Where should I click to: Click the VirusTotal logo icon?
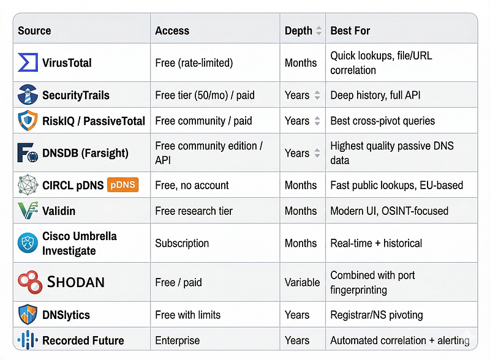pyautogui.click(x=28, y=62)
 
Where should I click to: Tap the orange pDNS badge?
pyautogui.click(x=123, y=185)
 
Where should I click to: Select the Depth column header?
pyautogui.click(x=298, y=31)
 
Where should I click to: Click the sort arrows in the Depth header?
pyautogui.click(x=318, y=31)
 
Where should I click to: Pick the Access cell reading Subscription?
pyautogui.click(x=182, y=243)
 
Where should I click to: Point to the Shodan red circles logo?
pyautogui.click(x=30, y=282)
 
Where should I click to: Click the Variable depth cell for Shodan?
pyautogui.click(x=302, y=282)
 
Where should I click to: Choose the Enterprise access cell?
pyautogui.click(x=177, y=340)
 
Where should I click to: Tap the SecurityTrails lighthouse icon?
pyautogui.click(x=28, y=94)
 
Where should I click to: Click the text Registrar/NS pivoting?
pyautogui.click(x=377, y=315)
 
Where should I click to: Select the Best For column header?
pyautogui.click(x=350, y=31)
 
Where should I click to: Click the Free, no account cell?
pyautogui.click(x=192, y=186)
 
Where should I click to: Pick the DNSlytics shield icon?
pyautogui.click(x=28, y=314)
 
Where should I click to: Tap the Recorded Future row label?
pyautogui.click(x=83, y=340)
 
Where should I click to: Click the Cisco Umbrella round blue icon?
pyautogui.click(x=28, y=242)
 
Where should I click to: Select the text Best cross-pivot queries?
pyautogui.click(x=382, y=121)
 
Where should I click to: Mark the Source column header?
pyautogui.click(x=34, y=31)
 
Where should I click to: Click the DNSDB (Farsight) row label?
pyautogui.click(x=85, y=153)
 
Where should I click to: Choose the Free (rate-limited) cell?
pyautogui.click(x=194, y=63)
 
